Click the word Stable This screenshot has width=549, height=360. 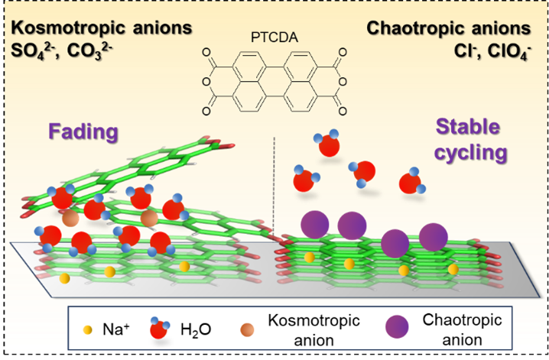point(467,126)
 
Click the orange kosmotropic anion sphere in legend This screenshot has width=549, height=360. point(246,330)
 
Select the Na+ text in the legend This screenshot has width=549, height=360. point(115,329)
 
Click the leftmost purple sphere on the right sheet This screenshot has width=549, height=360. point(314,225)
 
